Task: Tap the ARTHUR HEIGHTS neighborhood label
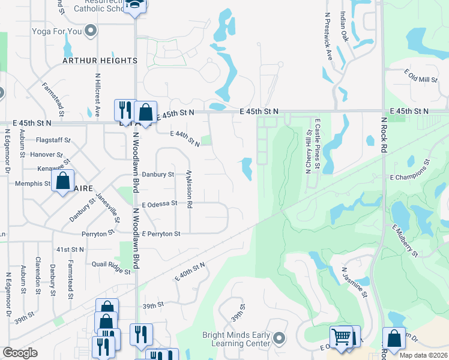tap(100, 61)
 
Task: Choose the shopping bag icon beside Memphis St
tap(63, 181)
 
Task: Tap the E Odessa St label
tap(159, 203)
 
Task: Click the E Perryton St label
tap(161, 233)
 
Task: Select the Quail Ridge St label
tap(111, 267)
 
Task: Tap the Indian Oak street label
tap(344, 24)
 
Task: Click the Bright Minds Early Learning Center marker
tap(278, 339)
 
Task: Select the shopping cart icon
tap(341, 337)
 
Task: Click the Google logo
tap(20, 352)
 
